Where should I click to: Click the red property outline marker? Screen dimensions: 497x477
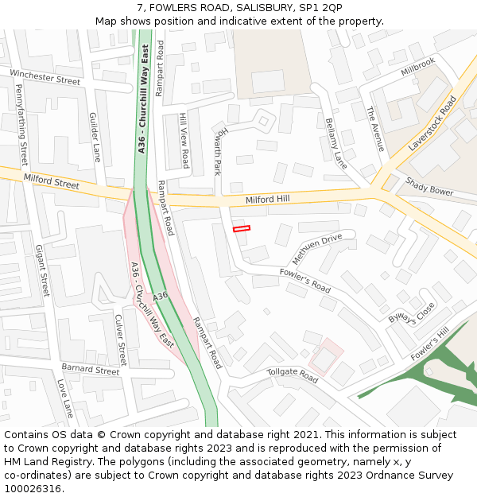pos(242,228)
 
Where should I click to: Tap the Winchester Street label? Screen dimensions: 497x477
pos(45,76)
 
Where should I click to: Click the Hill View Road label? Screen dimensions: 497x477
pos(184,141)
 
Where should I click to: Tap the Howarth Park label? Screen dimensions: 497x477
pos(221,150)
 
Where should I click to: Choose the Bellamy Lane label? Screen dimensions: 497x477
pos(336,143)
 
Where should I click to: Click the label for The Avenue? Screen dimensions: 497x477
pos(375,130)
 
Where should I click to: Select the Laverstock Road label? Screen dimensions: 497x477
pos(432,124)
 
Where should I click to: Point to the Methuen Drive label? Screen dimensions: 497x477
pos(316,249)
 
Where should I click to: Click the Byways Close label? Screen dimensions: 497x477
pos(412,313)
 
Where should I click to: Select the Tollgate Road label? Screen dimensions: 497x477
pos(292,375)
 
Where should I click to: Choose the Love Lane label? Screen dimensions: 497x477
pos(64,398)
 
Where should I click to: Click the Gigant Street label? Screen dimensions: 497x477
pos(42,271)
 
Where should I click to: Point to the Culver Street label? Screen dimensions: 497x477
pos(121,340)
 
